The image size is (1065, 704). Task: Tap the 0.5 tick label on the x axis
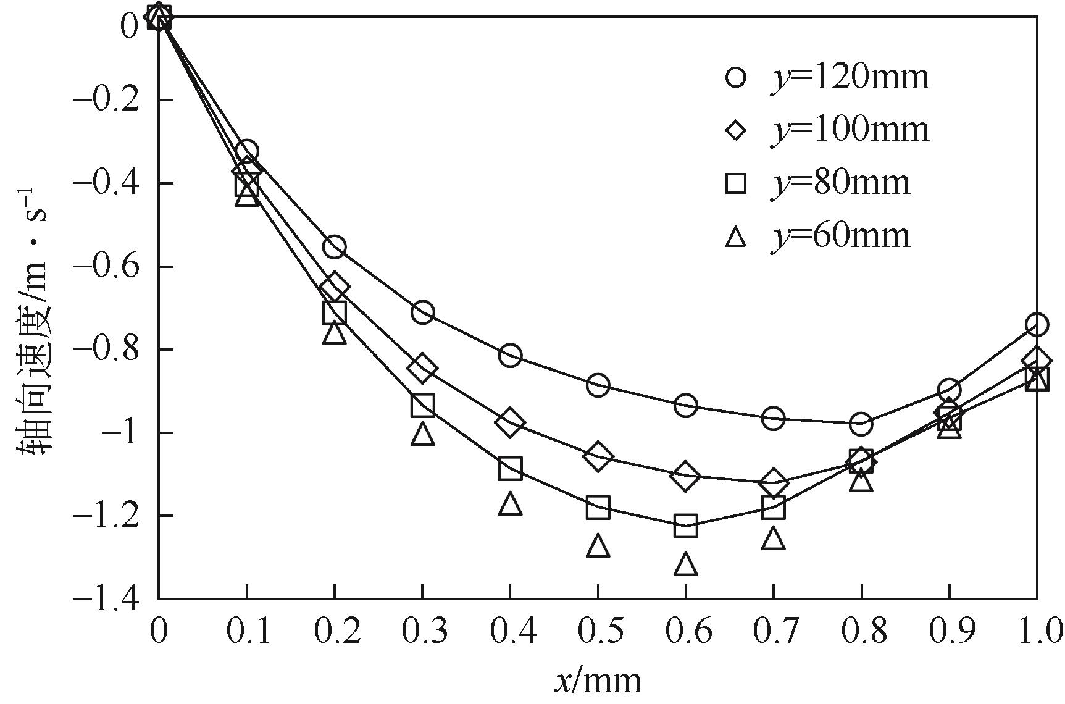pos(598,632)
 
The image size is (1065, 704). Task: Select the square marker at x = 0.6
pos(686,526)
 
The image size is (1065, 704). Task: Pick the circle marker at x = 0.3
pos(422,312)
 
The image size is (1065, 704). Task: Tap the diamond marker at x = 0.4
pos(510,422)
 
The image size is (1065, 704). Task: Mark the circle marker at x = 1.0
pos(1037,324)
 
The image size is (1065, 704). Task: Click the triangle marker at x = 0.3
pos(422,434)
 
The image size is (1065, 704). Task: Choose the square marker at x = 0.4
pos(510,469)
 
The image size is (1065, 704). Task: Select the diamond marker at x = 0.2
pos(335,286)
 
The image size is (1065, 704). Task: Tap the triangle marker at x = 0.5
pos(598,546)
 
